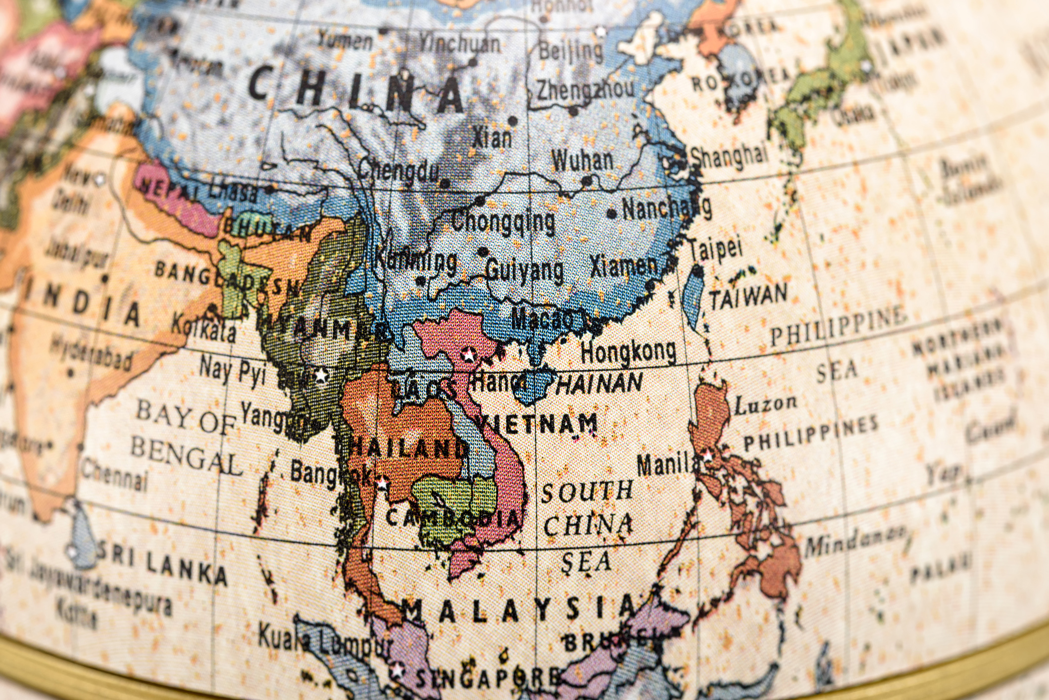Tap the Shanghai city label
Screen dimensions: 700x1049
(729, 155)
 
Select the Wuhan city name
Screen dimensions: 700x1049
(582, 160)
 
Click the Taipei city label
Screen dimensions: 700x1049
(716, 248)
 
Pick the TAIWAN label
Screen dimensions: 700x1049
(748, 297)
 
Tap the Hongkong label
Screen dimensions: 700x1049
(628, 351)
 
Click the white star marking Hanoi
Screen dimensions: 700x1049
(467, 354)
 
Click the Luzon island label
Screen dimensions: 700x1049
(765, 405)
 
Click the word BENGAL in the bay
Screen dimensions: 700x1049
(186, 455)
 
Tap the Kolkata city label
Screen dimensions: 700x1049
(203, 329)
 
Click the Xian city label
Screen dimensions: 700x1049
(492, 137)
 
